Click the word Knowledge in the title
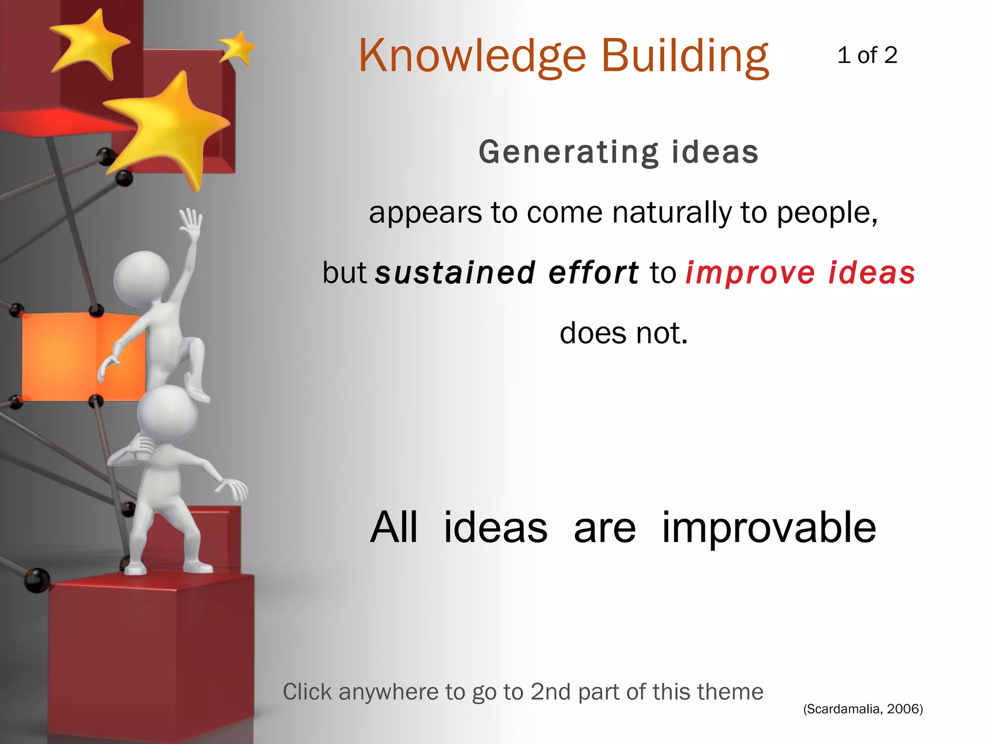472,57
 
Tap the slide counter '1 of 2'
867,55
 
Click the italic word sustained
455,273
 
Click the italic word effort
593,273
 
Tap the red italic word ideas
871,273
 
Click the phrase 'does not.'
623,333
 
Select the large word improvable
769,528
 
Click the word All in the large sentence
393,528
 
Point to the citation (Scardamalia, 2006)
863,709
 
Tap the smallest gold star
237,47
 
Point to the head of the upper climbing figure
141,279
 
